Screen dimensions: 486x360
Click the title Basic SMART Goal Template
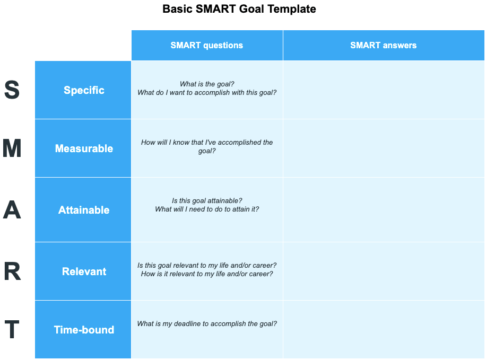[239, 9]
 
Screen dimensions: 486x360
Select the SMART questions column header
[207, 45]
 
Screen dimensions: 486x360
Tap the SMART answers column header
[384, 45]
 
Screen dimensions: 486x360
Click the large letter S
[12, 90]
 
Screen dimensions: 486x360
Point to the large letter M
[12, 148]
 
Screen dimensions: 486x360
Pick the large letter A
[12, 210]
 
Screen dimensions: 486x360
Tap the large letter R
[12, 271]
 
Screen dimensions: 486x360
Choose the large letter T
[12, 329]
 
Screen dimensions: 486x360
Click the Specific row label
[84, 90]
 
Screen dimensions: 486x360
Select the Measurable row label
[84, 148]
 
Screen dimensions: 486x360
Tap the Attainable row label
[84, 210]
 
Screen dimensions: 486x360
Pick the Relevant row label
[84, 271]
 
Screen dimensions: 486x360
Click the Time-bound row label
[84, 330]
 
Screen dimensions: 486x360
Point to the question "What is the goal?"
[207, 84]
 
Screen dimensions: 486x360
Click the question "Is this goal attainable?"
[207, 201]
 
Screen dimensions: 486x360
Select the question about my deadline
[207, 324]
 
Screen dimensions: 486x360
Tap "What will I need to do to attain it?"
[207, 209]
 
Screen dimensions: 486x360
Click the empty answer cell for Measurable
[384, 148]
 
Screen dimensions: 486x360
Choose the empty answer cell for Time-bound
[384, 330]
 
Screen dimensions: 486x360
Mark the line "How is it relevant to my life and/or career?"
[207, 274]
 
